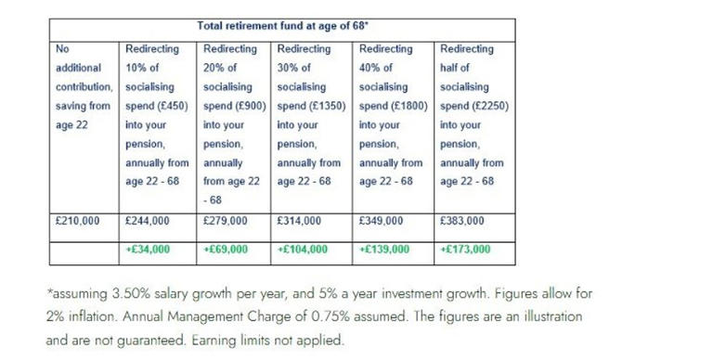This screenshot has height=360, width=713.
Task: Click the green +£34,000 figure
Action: (148, 250)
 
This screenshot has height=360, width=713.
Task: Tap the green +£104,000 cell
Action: (303, 250)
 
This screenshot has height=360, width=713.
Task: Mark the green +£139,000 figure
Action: (384, 250)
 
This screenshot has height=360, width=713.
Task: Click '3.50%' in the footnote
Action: (127, 293)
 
